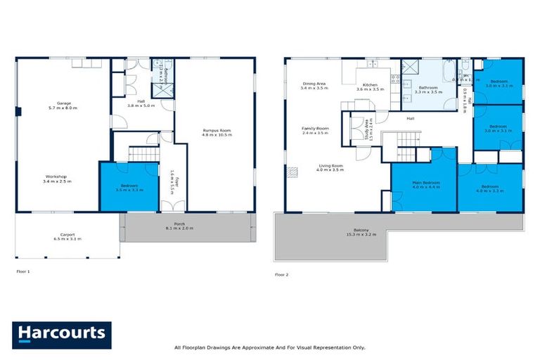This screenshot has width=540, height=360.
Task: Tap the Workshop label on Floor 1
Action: tap(56, 176)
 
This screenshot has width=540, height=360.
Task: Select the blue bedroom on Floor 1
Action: tap(128, 187)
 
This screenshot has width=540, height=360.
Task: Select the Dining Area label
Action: tap(314, 82)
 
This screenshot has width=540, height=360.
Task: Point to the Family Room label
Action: tap(315, 129)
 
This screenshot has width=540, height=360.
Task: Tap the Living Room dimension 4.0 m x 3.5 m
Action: tap(329, 170)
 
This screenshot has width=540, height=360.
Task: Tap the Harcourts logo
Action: tap(61, 334)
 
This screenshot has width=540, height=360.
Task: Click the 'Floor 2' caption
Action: tap(282, 274)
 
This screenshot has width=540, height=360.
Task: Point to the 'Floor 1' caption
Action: tap(23, 270)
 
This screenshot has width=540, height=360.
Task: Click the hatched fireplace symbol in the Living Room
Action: tap(289, 172)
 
